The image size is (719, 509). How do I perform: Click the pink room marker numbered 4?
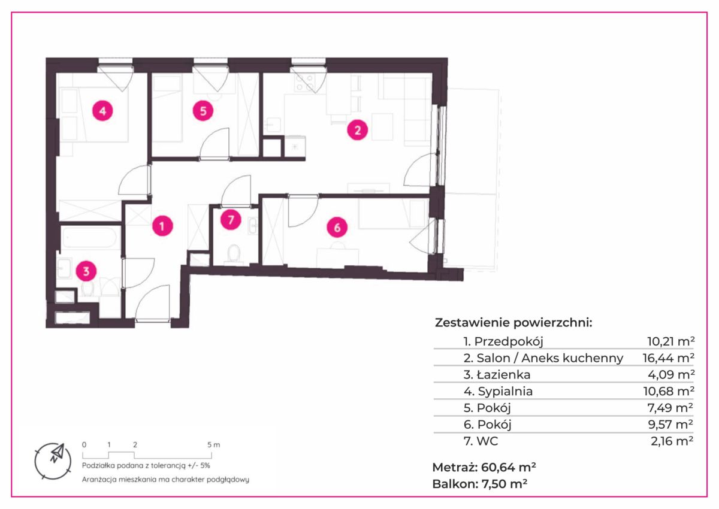[x=102, y=111]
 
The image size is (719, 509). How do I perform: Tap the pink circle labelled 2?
[x=357, y=130]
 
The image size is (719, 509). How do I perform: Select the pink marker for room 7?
[x=231, y=220]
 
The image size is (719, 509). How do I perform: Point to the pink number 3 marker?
[x=86, y=271]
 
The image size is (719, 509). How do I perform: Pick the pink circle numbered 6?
[x=337, y=228]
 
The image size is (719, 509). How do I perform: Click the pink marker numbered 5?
[x=203, y=111]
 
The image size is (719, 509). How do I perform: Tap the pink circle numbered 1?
[x=162, y=226]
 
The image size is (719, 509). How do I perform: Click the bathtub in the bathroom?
[x=90, y=238]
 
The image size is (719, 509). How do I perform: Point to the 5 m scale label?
[x=214, y=445]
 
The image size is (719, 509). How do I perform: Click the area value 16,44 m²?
[x=669, y=358]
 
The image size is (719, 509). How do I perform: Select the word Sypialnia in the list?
[x=505, y=391]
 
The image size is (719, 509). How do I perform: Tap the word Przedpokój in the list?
[x=509, y=341]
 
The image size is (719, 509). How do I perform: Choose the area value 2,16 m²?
[x=672, y=441]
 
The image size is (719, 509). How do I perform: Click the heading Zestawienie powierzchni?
[x=513, y=323]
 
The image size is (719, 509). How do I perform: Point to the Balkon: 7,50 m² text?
[x=480, y=484]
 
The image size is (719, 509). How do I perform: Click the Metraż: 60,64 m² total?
[x=484, y=467]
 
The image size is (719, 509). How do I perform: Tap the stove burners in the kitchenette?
[x=304, y=82]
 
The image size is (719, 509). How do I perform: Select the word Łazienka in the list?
[x=504, y=375]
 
